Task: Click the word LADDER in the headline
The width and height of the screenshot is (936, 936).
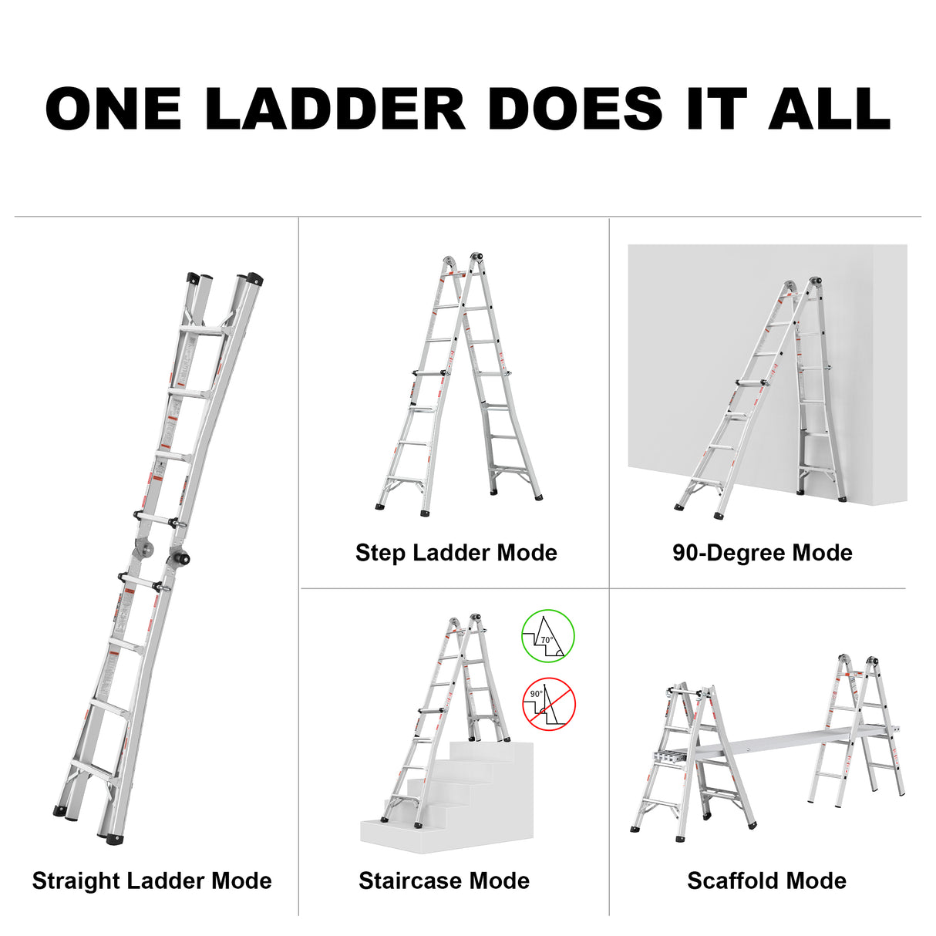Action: click(335, 109)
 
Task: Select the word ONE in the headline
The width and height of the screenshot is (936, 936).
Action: click(113, 109)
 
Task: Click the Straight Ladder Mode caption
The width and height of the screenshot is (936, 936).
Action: click(152, 880)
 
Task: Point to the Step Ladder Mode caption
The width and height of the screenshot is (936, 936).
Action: click(456, 552)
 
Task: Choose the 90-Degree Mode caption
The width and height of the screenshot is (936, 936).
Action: click(762, 552)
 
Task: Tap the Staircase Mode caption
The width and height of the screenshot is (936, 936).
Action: click(443, 880)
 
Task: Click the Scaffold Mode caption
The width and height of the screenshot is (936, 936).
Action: click(766, 880)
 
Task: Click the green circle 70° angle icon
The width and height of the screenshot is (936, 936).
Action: click(548, 636)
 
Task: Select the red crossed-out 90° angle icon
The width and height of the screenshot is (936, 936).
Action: click(549, 704)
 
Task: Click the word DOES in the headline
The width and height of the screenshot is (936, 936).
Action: click(575, 109)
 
